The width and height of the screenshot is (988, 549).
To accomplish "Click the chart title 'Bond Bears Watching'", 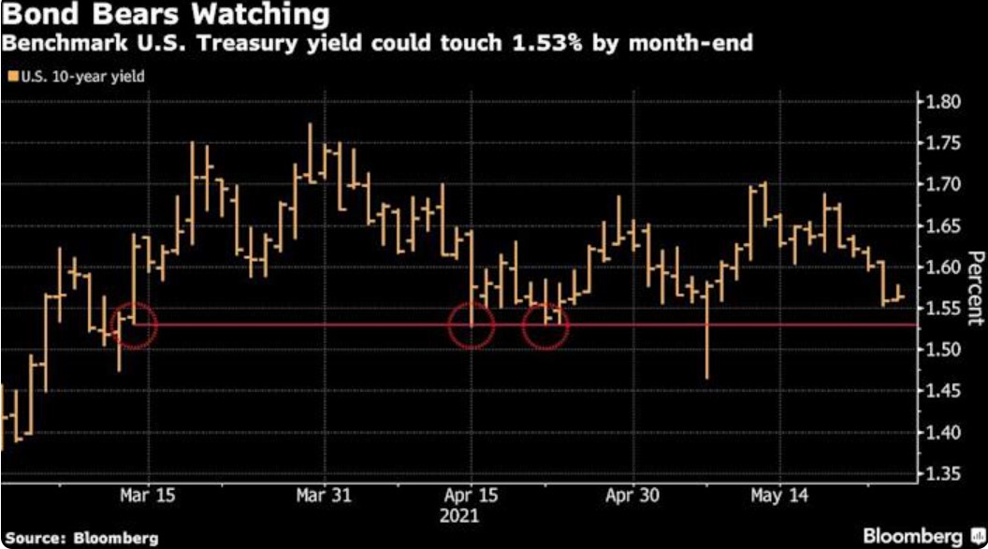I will tap(165, 16).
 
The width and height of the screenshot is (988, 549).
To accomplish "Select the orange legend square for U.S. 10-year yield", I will tap(11, 77).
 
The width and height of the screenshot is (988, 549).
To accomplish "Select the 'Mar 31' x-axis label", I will tap(322, 495).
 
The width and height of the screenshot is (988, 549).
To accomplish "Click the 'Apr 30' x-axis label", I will tap(632, 495).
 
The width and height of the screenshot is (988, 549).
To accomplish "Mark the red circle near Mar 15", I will tap(135, 325).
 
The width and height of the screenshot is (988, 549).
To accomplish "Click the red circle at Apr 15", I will tap(471, 325).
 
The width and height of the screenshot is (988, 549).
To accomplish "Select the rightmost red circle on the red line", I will tap(545, 325).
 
